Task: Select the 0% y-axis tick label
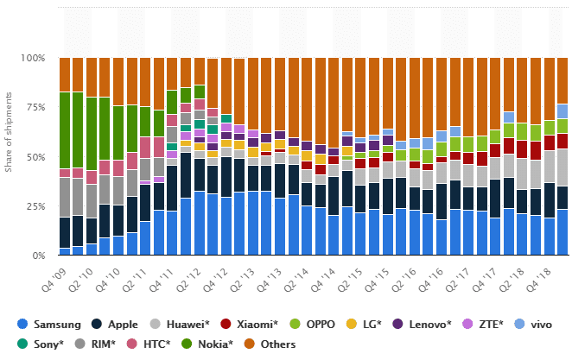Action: pos(39,256)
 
